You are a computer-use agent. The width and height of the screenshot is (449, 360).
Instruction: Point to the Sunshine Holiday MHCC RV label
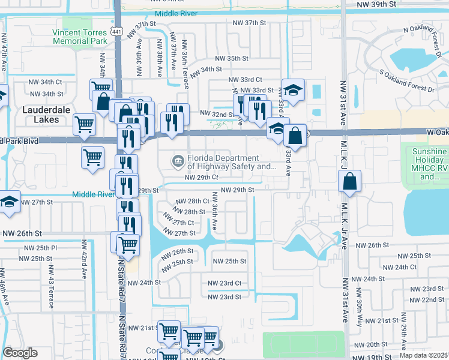click(x=430, y=164)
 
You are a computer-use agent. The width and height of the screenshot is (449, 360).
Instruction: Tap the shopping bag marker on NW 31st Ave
click(x=349, y=181)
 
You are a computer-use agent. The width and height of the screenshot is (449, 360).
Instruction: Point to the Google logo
click(x=20, y=353)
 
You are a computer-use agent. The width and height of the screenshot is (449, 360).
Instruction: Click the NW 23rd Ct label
click(x=224, y=283)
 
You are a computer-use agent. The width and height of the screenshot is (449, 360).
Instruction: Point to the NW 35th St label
click(x=232, y=58)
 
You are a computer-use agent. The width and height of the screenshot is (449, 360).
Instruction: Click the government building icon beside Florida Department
click(x=178, y=160)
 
